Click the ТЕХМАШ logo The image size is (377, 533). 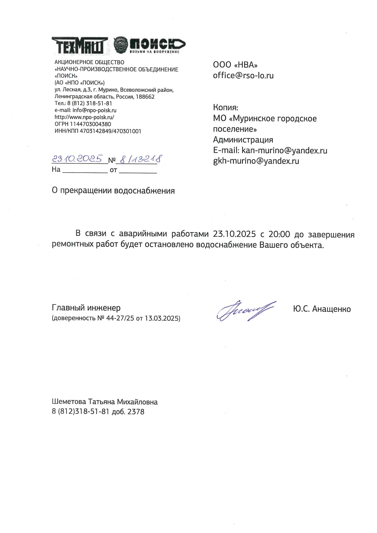pyautogui.click(x=80, y=46)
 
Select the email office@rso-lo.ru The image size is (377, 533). pyautogui.click(x=243, y=75)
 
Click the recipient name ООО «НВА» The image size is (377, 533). pyautogui.click(x=235, y=65)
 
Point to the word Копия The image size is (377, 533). pyautogui.click(x=225, y=108)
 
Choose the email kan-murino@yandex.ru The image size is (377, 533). pyautogui.click(x=284, y=150)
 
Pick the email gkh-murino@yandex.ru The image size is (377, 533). pyautogui.click(x=256, y=161)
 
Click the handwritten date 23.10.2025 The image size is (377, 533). pyautogui.click(x=77, y=159)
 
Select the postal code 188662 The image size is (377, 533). pyautogui.click(x=145, y=97)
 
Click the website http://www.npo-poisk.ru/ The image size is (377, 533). pyautogui.click(x=84, y=117)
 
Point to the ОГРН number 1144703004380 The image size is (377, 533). pyautogui.click(x=90, y=124)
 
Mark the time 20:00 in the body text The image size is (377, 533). pyautogui.click(x=279, y=234)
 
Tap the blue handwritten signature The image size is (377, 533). pyautogui.click(x=246, y=311)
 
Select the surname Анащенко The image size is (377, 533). pyautogui.click(x=331, y=309)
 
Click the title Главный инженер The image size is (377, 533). pyautogui.click(x=86, y=308)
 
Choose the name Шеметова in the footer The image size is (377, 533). pyautogui.click(x=69, y=402)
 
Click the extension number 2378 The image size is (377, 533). pyautogui.click(x=136, y=412)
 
